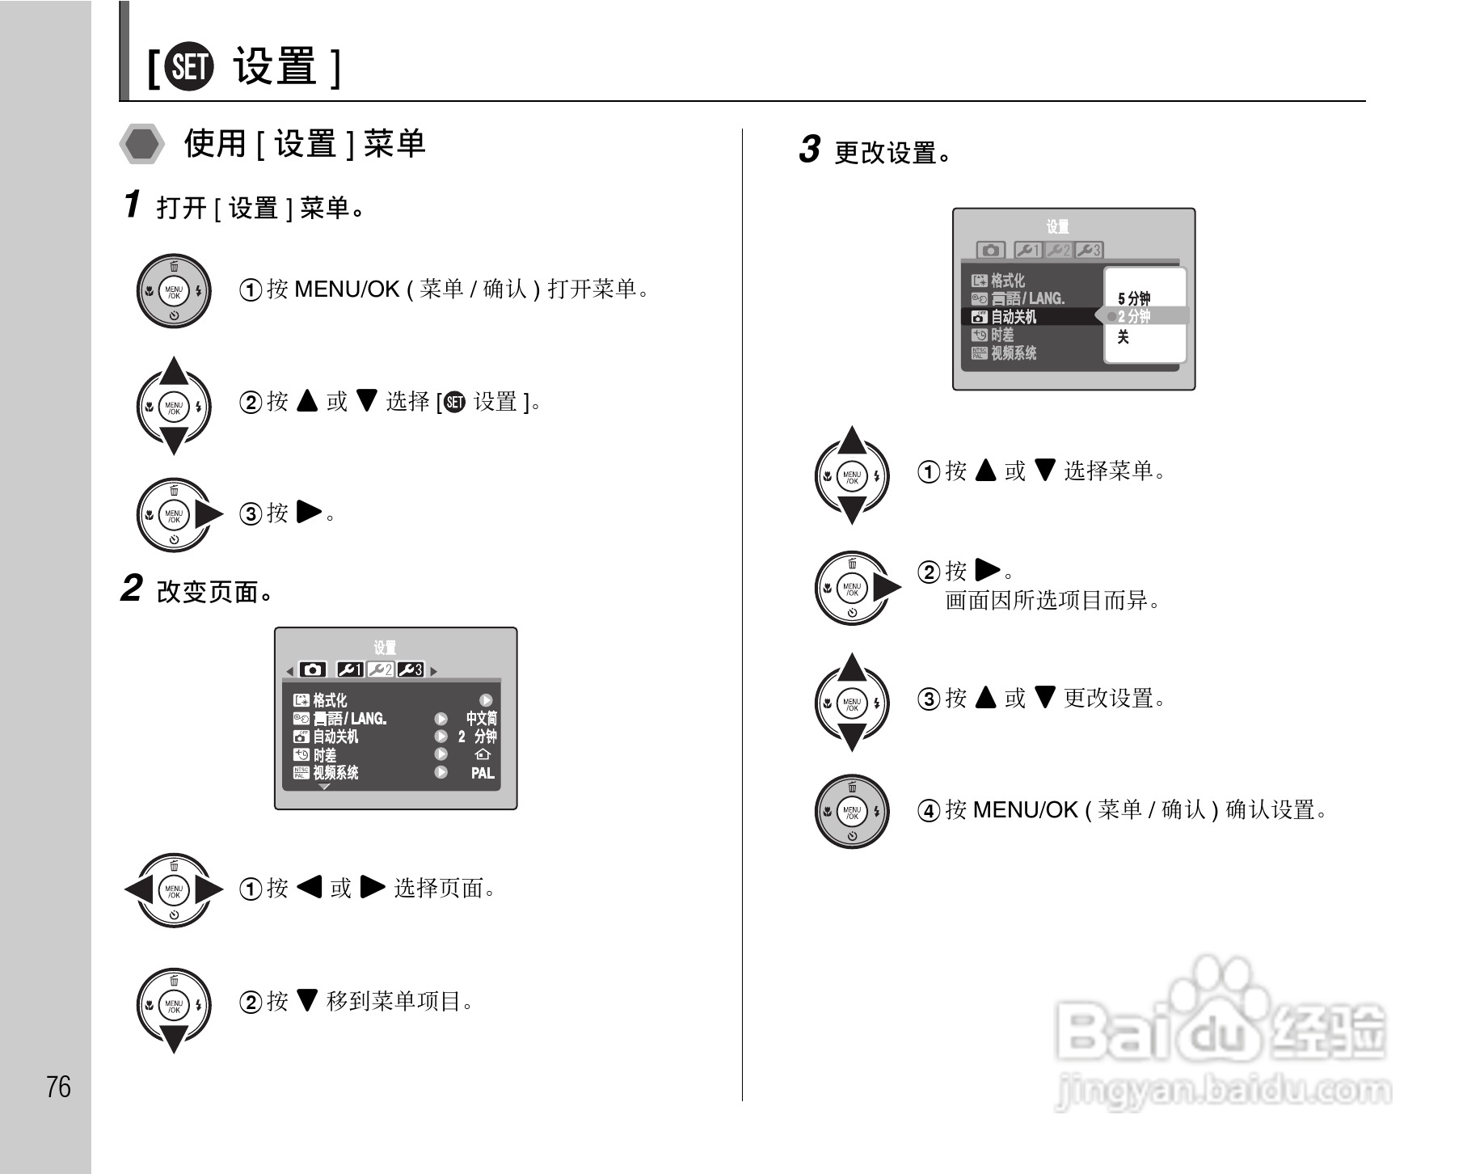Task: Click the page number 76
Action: pos(58,1087)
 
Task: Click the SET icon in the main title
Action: pos(188,67)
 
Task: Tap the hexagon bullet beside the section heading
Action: pos(142,145)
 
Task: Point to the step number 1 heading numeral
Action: pos(132,205)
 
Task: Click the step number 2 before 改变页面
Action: pos(131,589)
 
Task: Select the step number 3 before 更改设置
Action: pos(809,150)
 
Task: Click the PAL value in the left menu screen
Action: pos(483,773)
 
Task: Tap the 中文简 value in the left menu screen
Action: pos(481,718)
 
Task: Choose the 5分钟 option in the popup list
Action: pos(1134,298)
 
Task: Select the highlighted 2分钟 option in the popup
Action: pos(1134,316)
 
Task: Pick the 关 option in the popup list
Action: pos(1123,337)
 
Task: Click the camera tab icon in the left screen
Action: pos(313,669)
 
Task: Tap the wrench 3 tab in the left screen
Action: pos(411,669)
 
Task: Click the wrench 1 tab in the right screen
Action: pos(1028,251)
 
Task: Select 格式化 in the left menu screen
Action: pos(330,700)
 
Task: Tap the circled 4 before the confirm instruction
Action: pos(928,810)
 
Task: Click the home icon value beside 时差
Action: pos(483,754)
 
